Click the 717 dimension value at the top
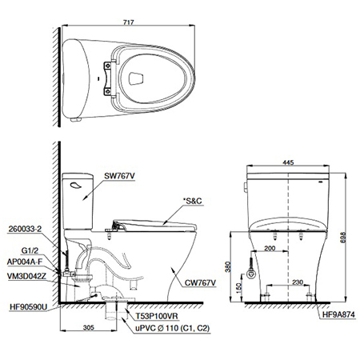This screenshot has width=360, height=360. coord(128,22)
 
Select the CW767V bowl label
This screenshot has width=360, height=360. coord(201,282)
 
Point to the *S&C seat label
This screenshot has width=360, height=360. coord(193,201)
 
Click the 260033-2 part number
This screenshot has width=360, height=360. coord(26,229)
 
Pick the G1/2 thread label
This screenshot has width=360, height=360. coord(30,250)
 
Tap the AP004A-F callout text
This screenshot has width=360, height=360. coord(25,262)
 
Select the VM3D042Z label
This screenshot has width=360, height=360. coord(26,276)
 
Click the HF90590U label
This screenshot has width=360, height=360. coord(28,307)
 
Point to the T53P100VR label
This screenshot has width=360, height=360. coord(157,316)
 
